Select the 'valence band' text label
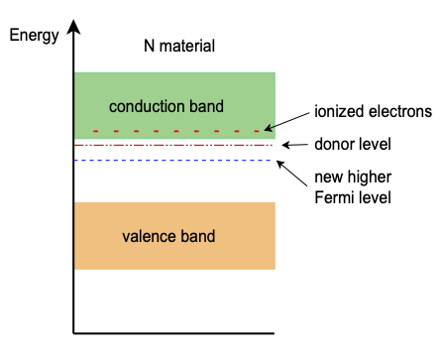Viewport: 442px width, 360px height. tap(168, 236)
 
